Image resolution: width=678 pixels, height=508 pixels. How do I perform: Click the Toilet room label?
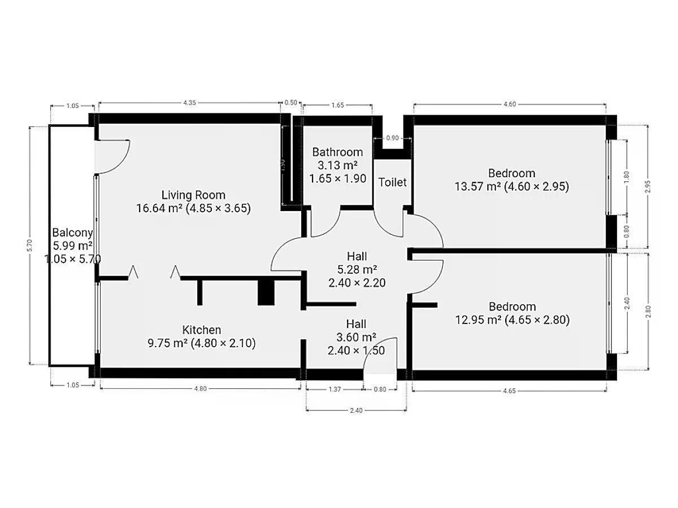[x=392, y=182]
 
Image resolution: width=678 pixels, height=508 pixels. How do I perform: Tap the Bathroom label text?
[x=337, y=152]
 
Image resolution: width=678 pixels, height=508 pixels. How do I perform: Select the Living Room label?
[x=193, y=195]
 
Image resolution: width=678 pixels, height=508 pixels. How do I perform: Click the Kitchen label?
[x=201, y=330]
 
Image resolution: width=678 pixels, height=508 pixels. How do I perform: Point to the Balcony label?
[x=72, y=233]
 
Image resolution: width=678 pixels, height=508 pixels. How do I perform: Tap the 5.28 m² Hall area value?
[x=357, y=270]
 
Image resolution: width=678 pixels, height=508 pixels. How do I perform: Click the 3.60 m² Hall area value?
[x=356, y=337]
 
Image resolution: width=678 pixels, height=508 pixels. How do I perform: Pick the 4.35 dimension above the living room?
[x=189, y=103]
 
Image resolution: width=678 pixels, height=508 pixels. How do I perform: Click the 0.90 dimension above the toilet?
[x=392, y=138]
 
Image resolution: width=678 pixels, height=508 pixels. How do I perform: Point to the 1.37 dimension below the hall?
[x=334, y=389]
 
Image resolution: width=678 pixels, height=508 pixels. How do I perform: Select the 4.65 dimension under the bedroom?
[x=509, y=391]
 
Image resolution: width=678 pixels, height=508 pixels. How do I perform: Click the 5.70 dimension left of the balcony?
[x=29, y=246]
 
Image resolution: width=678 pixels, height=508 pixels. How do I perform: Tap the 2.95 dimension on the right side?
[x=648, y=187]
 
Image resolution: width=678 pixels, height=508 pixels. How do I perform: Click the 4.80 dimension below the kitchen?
[x=200, y=389]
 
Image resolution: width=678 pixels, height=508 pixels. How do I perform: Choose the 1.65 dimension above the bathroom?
[x=338, y=105]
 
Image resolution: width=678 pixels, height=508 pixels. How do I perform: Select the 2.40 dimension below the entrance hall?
[x=356, y=410]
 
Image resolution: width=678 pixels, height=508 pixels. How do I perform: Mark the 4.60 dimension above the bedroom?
[x=510, y=104]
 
